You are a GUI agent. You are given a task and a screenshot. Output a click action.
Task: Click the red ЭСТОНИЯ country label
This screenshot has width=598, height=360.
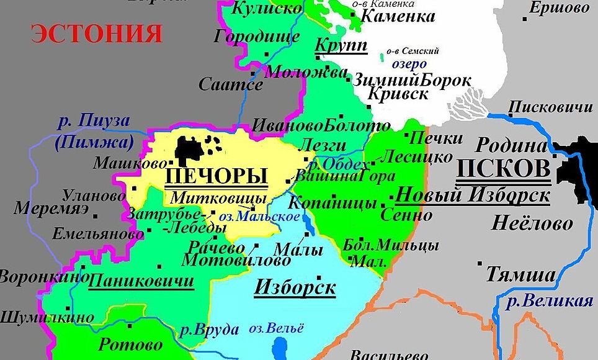pos(97,34)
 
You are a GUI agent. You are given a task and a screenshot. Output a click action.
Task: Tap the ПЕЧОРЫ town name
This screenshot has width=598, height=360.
pos(216,177)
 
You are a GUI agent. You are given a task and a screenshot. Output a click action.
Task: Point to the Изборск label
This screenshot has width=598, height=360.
pos(295,288)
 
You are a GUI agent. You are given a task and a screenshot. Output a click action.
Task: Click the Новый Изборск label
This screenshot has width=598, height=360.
pos(473,196)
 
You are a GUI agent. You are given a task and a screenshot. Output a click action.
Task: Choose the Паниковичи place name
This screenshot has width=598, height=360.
pos(141,281)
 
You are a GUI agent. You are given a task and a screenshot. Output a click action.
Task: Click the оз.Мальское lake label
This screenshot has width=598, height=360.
pos(268,217)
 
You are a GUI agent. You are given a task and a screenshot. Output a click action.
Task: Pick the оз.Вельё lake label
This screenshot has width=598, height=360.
pos(277,328)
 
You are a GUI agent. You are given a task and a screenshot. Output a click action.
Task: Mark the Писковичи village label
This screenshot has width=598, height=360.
pos(550,107)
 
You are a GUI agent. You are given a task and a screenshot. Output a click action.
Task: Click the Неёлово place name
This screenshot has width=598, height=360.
pos(532,223)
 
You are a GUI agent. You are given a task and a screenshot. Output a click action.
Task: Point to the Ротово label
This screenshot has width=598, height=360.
pos(130,344)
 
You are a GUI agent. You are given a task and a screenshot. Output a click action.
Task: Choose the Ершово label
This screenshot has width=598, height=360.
pos(559,9)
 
